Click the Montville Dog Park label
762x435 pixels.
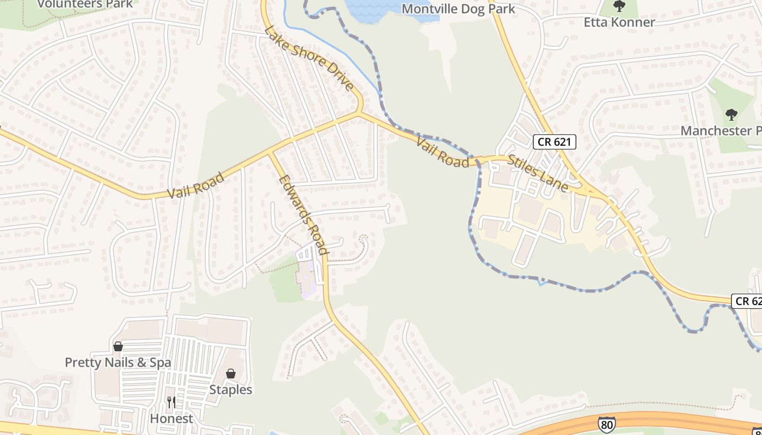tap(458, 9)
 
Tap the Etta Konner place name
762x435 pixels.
tap(619, 22)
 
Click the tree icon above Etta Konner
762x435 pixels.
tap(619, 7)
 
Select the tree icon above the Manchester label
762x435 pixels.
tap(731, 115)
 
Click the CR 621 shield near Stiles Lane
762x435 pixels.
tap(554, 142)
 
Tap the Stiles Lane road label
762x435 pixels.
tap(538, 173)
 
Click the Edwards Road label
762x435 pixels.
tap(304, 215)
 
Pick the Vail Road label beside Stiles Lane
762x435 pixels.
tap(443, 153)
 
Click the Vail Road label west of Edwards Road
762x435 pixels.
tap(195, 185)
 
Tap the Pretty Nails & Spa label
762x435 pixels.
tap(118, 363)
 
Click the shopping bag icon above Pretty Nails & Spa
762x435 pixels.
tap(118, 347)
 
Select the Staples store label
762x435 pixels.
tap(231, 390)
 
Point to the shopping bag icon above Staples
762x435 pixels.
tap(231, 374)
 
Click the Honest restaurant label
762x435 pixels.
tap(171, 419)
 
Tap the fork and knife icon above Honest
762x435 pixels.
tap(171, 403)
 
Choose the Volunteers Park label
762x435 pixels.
tap(85, 4)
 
